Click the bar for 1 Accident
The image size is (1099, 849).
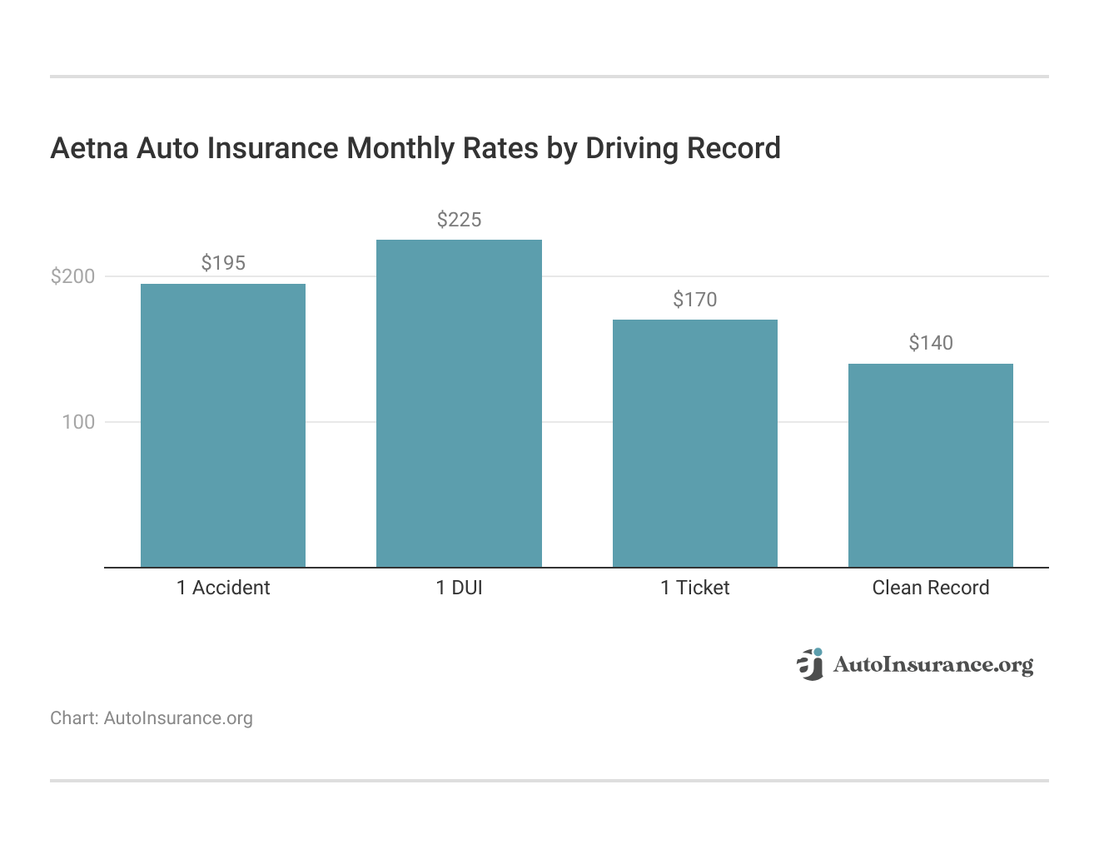point(223,425)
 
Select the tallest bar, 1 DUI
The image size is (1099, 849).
point(459,404)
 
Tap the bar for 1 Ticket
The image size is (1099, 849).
point(695,444)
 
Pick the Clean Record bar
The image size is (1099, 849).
point(931,465)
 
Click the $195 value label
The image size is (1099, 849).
point(223,263)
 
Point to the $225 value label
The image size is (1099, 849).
point(459,220)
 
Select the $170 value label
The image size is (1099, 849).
point(695,300)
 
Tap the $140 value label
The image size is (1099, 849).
point(931,343)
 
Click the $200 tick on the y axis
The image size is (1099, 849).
point(73,276)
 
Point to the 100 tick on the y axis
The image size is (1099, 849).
point(79,422)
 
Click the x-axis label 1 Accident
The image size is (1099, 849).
point(223,588)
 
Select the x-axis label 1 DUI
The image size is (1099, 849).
point(459,588)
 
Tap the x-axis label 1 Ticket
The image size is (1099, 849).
point(695,588)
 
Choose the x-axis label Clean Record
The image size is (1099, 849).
point(931,588)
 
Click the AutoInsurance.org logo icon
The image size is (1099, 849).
point(810,664)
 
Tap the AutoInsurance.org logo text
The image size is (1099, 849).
point(933,664)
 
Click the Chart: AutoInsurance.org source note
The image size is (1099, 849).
point(152,718)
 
